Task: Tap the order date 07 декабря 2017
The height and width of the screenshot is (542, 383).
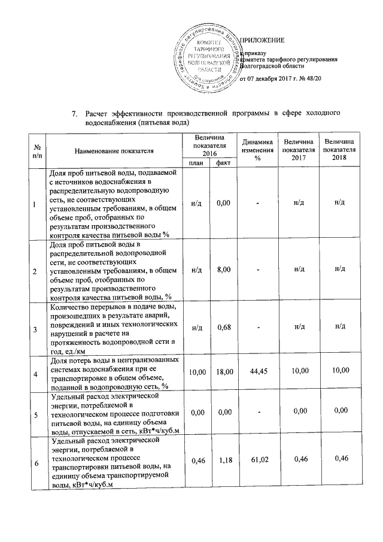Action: (270, 79)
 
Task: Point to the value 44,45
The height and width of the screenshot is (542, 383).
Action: (257, 372)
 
